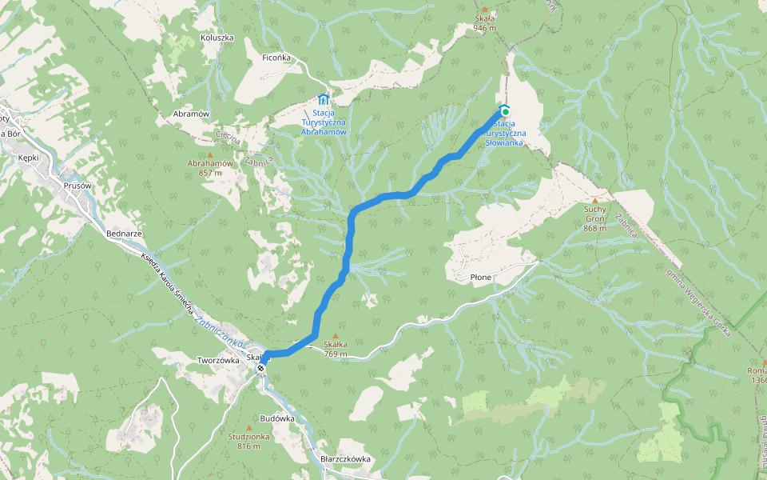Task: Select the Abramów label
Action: (191, 114)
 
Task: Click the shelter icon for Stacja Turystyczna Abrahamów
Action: (323, 100)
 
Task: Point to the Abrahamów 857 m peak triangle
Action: (210, 154)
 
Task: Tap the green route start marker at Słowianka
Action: (505, 111)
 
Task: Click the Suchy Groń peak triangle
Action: (595, 200)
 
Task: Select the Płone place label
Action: (481, 277)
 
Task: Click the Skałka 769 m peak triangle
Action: (336, 336)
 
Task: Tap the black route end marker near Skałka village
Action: (261, 368)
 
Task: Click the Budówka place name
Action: (277, 418)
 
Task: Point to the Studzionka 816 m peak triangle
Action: (244, 427)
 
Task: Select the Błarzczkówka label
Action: (345, 459)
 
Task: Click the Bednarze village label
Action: (124, 234)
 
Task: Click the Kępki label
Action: (29, 158)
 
